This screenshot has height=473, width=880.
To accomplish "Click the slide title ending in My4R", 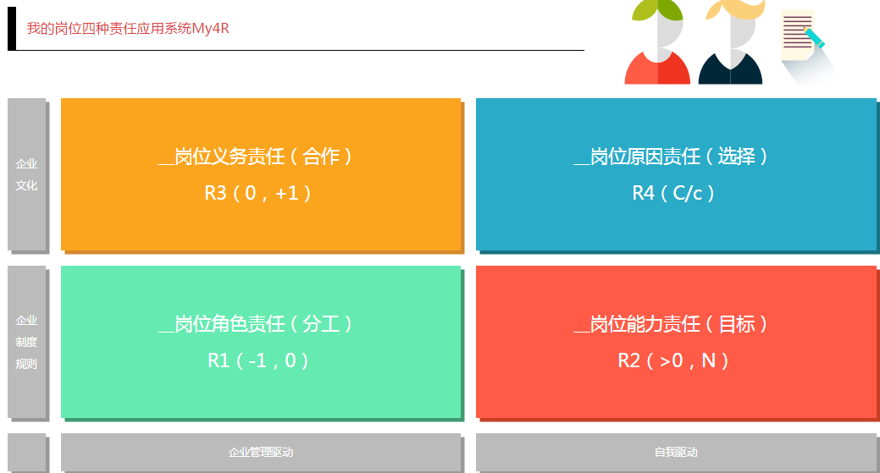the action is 128,29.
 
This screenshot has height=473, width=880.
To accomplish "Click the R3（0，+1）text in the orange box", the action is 257,194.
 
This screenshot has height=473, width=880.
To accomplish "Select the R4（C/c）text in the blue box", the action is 672,194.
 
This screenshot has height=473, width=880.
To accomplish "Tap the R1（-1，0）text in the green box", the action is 257,360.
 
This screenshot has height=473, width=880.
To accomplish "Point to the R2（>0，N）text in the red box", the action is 672,360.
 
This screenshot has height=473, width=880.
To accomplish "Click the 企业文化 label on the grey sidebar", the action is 26,174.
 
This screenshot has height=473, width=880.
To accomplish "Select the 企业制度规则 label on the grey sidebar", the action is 26,342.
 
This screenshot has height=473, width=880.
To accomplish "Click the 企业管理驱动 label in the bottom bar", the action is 261,452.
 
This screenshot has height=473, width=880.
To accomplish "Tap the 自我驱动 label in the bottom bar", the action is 676,452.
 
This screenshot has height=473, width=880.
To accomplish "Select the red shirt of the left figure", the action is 658,69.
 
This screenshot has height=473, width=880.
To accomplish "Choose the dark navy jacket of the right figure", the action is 730,69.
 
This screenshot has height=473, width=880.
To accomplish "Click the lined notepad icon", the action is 797,36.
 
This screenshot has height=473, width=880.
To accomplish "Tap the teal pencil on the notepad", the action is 814,37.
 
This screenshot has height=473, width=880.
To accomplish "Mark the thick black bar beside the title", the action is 12,29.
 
